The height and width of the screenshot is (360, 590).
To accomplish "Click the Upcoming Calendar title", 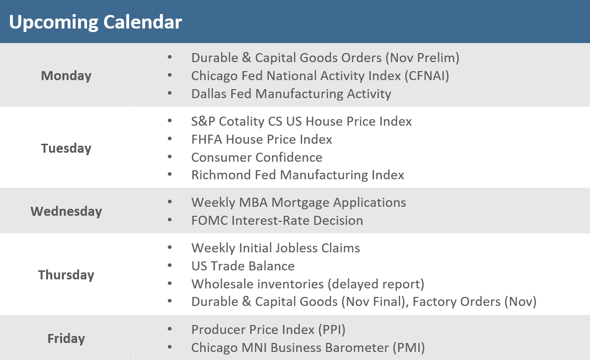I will [95, 22].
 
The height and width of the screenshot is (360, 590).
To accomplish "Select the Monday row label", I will [66, 76].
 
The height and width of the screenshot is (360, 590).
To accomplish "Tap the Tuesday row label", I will [66, 148].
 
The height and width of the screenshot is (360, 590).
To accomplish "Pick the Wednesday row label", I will [66, 211].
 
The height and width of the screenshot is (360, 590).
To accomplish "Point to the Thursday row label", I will [66, 275].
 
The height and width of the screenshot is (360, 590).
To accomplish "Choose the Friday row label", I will [66, 338].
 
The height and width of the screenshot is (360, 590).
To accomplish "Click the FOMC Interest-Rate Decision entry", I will [277, 220].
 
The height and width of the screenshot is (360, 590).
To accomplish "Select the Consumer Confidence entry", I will [256, 157].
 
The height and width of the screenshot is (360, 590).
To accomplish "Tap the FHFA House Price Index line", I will [261, 139].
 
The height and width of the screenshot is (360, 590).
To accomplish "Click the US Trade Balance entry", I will [243, 266].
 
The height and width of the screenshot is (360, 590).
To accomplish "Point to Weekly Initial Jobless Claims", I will [275, 248].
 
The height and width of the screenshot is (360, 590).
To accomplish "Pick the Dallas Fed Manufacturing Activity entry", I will [291, 94].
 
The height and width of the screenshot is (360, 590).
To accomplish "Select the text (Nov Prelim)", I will [422, 58].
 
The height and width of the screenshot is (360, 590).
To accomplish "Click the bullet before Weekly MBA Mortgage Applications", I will [170, 202].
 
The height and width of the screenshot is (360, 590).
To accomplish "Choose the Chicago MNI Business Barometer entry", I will [308, 347].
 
